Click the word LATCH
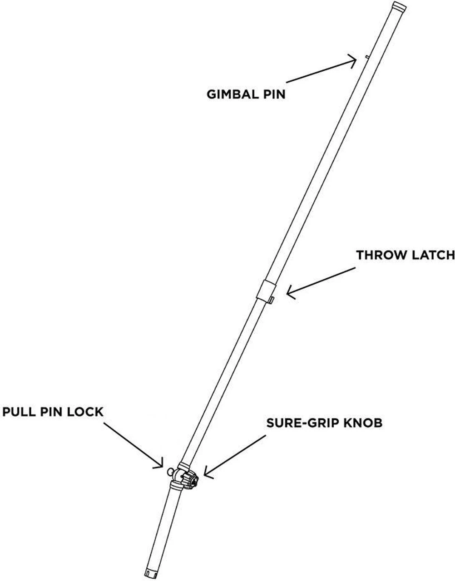pos(433,255)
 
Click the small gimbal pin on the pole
pos(366,57)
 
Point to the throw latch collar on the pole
pos(266,290)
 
